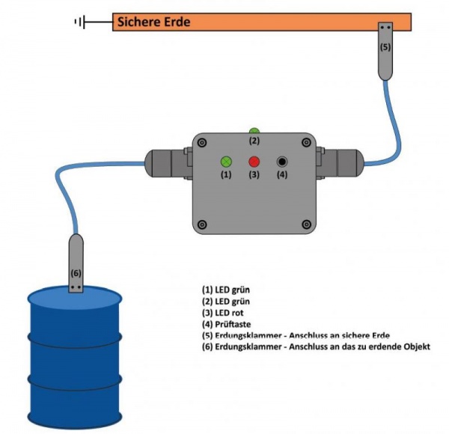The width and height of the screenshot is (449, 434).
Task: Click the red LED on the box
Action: click(x=254, y=162)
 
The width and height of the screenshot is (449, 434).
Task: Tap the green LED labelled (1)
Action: click(x=226, y=162)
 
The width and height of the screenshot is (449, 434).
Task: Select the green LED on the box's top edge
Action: click(x=254, y=131)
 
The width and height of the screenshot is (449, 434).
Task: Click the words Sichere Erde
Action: click(x=153, y=22)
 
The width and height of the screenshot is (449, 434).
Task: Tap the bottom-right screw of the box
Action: click(x=305, y=224)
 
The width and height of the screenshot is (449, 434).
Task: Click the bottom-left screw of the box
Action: click(x=202, y=224)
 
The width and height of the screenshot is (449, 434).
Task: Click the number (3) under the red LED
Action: click(x=254, y=175)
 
